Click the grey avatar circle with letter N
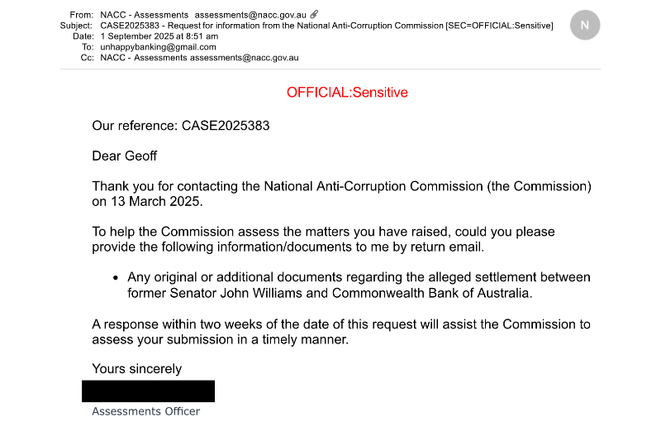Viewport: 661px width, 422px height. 585,25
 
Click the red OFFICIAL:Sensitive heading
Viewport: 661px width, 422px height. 347,93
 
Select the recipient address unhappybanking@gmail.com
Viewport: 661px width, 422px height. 158,47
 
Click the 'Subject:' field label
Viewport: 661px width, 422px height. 76,26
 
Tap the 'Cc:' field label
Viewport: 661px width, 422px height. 86,58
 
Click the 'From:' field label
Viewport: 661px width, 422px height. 82,15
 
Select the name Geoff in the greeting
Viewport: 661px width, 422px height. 140,156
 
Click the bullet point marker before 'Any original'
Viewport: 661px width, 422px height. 116,278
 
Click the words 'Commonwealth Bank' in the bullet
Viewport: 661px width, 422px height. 373,293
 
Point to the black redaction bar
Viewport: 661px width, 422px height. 149,391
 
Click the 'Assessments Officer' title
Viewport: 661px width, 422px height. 145,411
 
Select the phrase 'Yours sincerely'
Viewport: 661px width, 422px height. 136,368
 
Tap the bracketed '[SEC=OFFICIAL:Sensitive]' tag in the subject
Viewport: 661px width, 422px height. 500,26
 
